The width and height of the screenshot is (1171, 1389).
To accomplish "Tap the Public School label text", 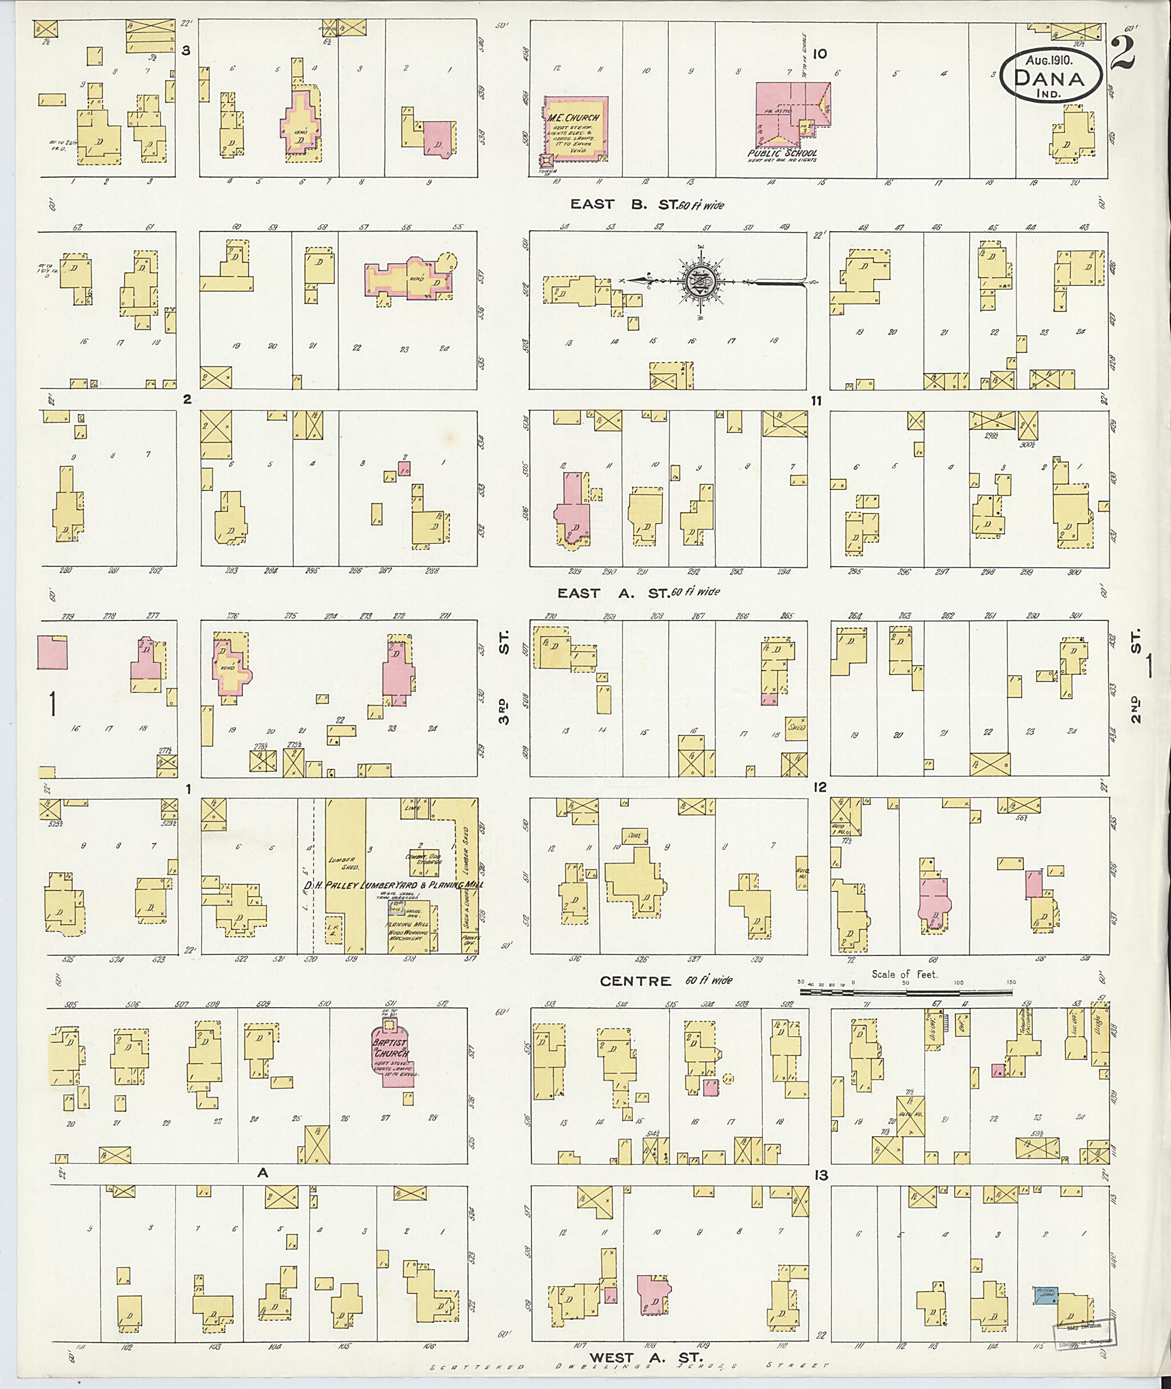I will (x=781, y=153).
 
